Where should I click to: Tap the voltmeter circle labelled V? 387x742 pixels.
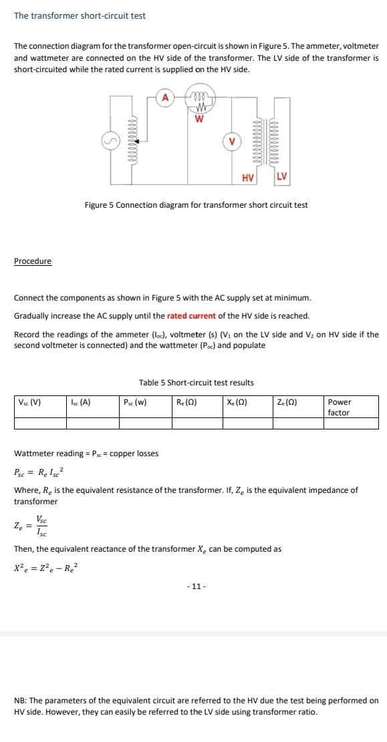click(231, 142)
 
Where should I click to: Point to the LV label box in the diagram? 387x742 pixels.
click(281, 176)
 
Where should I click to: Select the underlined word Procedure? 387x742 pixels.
click(33, 260)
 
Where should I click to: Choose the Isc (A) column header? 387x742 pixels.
click(80, 402)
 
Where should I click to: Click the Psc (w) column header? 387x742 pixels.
click(135, 402)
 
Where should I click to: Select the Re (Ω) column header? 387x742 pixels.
click(186, 402)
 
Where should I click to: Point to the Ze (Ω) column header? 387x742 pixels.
click(287, 402)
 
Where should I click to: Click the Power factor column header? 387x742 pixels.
click(340, 407)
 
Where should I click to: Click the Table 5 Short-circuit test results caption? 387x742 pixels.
click(196, 383)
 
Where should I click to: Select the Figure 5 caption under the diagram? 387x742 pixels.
click(196, 204)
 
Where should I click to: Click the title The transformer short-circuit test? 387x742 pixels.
click(80, 15)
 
